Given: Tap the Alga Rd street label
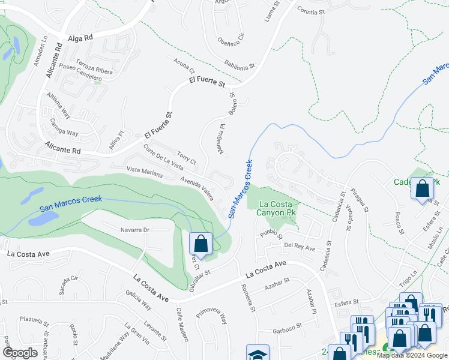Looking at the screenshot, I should [x=80, y=37].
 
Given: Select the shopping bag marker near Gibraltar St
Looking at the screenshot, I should [x=201, y=244].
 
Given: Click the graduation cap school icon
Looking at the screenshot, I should [x=258, y=354].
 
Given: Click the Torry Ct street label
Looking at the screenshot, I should [x=185, y=157].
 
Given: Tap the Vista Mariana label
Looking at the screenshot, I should [x=144, y=173].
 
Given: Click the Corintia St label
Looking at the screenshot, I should [x=309, y=11].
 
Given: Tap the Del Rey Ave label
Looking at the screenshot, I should [x=300, y=247].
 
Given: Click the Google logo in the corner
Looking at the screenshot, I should [x=20, y=353].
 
